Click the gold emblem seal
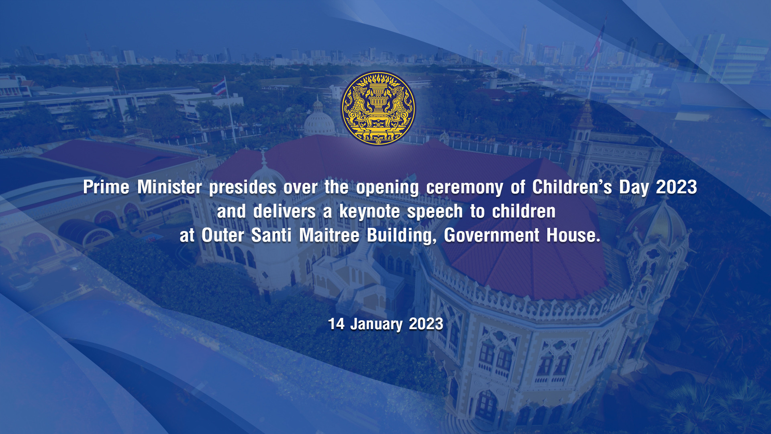[378, 108]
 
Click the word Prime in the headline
[106, 187]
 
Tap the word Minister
[169, 187]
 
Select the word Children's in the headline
[572, 187]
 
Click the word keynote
[369, 212]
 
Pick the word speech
[435, 212]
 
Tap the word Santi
[271, 235]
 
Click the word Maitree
[329, 235]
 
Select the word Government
[492, 235]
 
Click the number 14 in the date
[336, 324]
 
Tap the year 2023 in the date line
[426, 324]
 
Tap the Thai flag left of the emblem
[219, 87]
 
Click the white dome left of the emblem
[319, 121]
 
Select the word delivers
[284, 211]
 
